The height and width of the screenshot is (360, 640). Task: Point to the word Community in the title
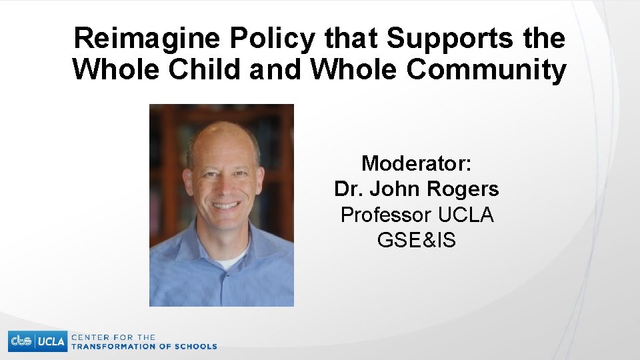(x=487, y=69)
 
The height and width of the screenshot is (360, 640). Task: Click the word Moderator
(x=417, y=163)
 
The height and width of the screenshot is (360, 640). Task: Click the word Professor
(x=386, y=215)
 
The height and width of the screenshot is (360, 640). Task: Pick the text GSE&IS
(x=417, y=241)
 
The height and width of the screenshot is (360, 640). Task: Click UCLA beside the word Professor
(x=465, y=215)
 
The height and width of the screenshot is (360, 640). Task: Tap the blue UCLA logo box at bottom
(x=51, y=341)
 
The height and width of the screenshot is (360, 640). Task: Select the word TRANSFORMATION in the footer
(x=112, y=347)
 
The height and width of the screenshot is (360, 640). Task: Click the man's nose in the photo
(x=224, y=185)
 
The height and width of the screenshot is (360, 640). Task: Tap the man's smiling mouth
(x=225, y=205)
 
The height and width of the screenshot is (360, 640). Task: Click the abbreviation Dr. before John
(x=347, y=189)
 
